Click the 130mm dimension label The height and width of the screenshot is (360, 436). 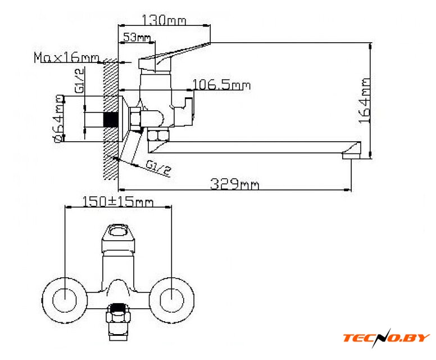point(163,20)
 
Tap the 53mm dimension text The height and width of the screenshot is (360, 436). point(137,37)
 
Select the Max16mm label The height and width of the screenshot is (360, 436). point(66,57)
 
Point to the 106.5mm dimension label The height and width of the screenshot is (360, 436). point(221,84)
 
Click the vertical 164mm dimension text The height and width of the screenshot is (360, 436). point(365,101)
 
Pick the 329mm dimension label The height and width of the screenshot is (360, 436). point(234,184)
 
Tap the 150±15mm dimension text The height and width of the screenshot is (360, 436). point(118,201)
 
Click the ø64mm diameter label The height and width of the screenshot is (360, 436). point(59,119)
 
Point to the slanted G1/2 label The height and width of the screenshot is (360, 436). point(158,168)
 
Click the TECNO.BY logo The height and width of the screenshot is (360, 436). point(386,337)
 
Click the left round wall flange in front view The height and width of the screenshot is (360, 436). point(65,300)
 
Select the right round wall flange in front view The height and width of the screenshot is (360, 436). point(171,300)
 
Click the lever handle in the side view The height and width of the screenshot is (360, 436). point(173,54)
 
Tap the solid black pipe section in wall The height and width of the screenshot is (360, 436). point(111,120)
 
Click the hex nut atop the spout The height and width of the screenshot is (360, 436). point(158,136)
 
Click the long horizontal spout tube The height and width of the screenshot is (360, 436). point(246,147)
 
